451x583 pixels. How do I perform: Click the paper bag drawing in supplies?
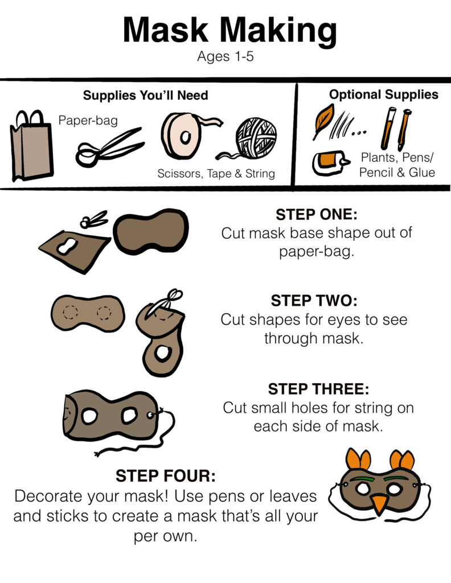[31, 146]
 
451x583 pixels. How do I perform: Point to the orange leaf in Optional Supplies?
[324, 119]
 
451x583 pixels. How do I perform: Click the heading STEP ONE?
[317, 215]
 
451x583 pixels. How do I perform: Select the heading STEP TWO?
[314, 301]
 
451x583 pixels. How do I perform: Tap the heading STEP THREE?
[319, 389]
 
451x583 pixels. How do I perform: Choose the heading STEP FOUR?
[166, 475]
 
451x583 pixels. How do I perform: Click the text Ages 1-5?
[225, 56]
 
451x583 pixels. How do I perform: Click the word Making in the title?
[278, 31]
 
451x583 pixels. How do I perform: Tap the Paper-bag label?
[88, 121]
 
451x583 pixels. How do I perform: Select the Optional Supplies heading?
[384, 95]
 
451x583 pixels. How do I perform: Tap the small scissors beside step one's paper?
[94, 219]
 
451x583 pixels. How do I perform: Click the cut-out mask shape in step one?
[150, 231]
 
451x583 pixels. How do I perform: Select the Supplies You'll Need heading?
[145, 96]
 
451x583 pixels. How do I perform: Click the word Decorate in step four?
[49, 496]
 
